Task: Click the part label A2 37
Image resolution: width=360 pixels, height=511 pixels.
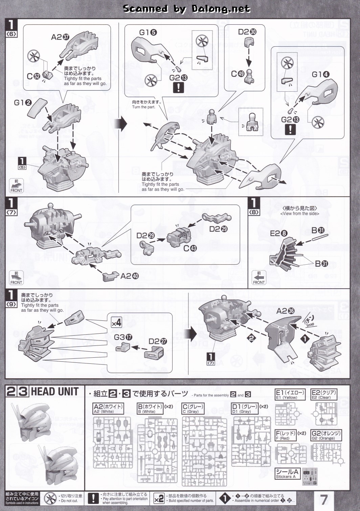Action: click(60, 37)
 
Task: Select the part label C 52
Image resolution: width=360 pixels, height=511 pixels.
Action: click(33, 76)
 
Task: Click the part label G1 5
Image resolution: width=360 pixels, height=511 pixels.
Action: click(148, 32)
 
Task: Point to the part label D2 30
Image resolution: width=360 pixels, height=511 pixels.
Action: click(247, 32)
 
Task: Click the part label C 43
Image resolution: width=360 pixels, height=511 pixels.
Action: click(190, 248)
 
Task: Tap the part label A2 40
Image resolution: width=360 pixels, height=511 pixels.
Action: click(130, 276)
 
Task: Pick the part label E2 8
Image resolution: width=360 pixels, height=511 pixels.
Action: click(278, 233)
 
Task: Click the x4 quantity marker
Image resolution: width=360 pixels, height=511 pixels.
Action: click(116, 323)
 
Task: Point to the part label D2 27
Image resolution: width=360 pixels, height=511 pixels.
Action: click(158, 341)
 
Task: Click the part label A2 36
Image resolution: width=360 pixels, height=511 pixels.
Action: click(285, 311)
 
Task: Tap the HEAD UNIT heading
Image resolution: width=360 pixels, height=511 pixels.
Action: click(55, 392)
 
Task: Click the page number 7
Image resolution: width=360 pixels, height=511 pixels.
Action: click(324, 499)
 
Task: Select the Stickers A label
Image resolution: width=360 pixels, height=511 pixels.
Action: click(287, 473)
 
